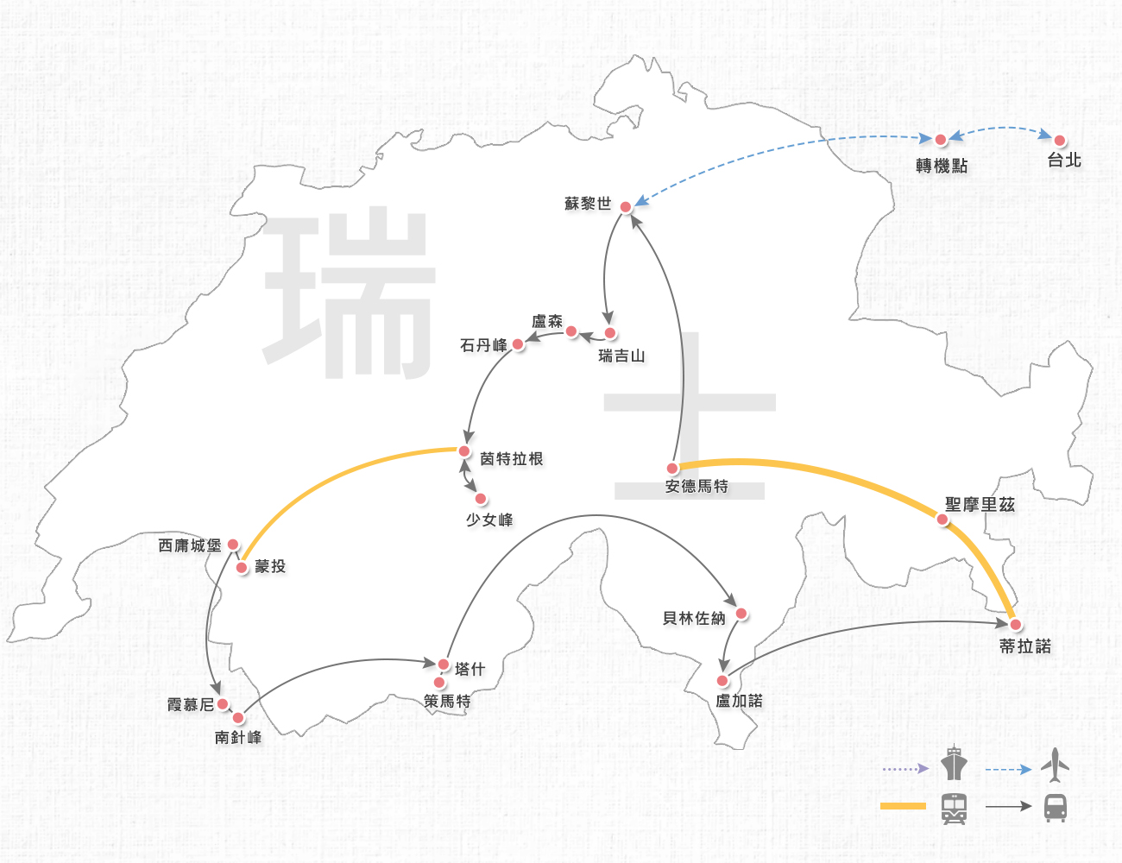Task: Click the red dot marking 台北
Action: click(1059, 140)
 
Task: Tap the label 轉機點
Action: click(942, 166)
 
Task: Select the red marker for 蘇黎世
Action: click(626, 207)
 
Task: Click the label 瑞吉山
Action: click(621, 356)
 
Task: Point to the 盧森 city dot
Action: click(570, 331)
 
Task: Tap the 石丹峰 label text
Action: click(483, 345)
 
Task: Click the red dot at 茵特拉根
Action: click(464, 451)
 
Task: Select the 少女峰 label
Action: click(489, 520)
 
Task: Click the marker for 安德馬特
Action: click(672, 469)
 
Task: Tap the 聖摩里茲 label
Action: click(980, 504)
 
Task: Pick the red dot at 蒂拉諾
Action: click(1016, 624)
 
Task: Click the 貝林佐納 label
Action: click(694, 618)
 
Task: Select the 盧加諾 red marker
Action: click(722, 681)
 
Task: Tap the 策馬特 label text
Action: click(447, 702)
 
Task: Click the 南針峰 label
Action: click(238, 737)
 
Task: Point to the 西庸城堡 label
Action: click(190, 545)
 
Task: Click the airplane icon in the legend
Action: click(1055, 765)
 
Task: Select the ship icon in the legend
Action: click(954, 763)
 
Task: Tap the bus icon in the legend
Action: click(1055, 808)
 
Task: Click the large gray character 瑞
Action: click(350, 293)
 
